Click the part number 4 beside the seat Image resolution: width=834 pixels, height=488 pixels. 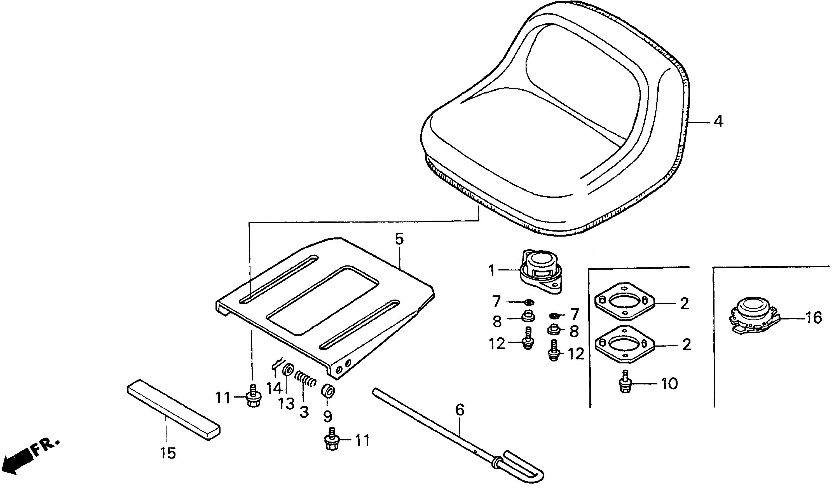coord(718,122)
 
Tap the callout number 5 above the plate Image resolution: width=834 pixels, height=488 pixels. coord(399,239)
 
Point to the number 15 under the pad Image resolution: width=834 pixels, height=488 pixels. coord(168,453)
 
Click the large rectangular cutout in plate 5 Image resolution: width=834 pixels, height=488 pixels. coord(323,300)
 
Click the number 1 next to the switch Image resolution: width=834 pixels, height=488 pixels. coord(492,271)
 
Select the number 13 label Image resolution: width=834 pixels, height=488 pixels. coord(286,403)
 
